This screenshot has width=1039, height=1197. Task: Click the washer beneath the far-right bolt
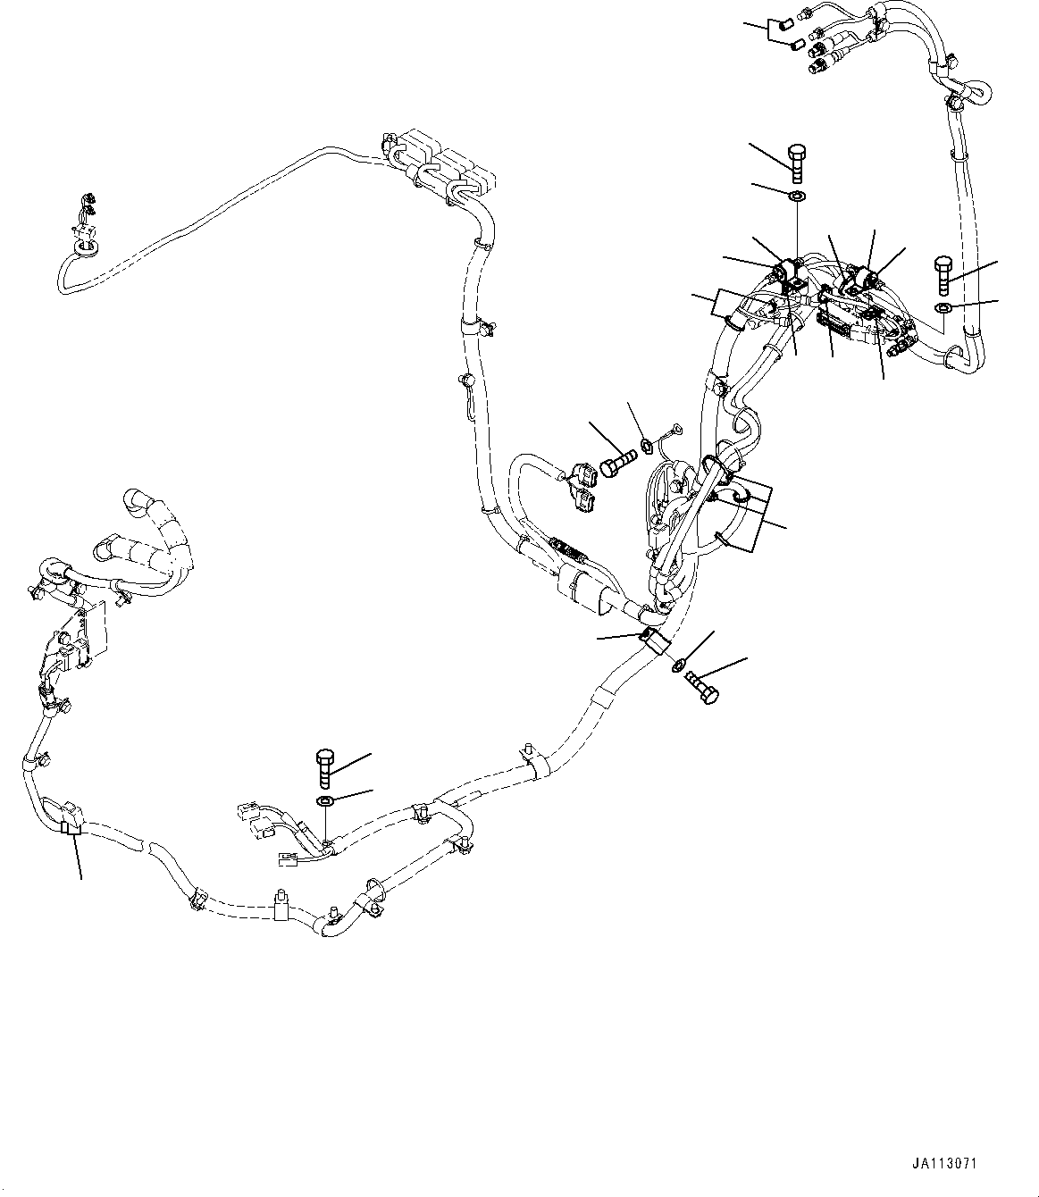[x=944, y=308]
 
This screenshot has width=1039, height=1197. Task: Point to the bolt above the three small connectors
[x=326, y=767]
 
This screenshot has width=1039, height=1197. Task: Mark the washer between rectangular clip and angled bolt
[x=676, y=664]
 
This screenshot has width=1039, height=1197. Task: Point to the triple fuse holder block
[x=441, y=169]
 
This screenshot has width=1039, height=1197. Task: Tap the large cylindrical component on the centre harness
[x=582, y=592]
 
